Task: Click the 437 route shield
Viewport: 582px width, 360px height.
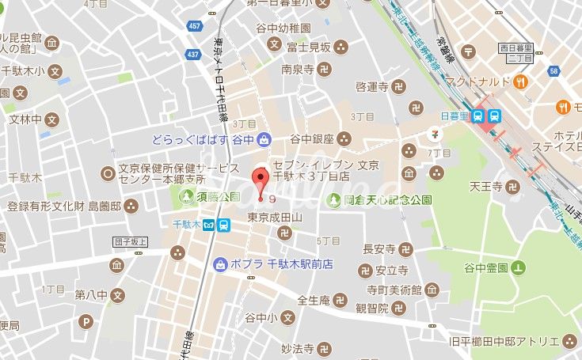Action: pyautogui.click(x=192, y=54)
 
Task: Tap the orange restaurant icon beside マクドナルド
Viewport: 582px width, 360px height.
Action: pyautogui.click(x=521, y=81)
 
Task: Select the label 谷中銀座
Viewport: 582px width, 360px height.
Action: pyautogui.click(x=311, y=138)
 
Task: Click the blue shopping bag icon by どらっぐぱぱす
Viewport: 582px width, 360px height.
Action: pyautogui.click(x=261, y=139)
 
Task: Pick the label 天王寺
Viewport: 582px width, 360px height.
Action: pyautogui.click(x=486, y=188)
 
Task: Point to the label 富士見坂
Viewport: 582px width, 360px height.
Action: pyautogui.click(x=309, y=48)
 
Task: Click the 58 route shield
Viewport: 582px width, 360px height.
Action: pyautogui.click(x=553, y=71)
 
